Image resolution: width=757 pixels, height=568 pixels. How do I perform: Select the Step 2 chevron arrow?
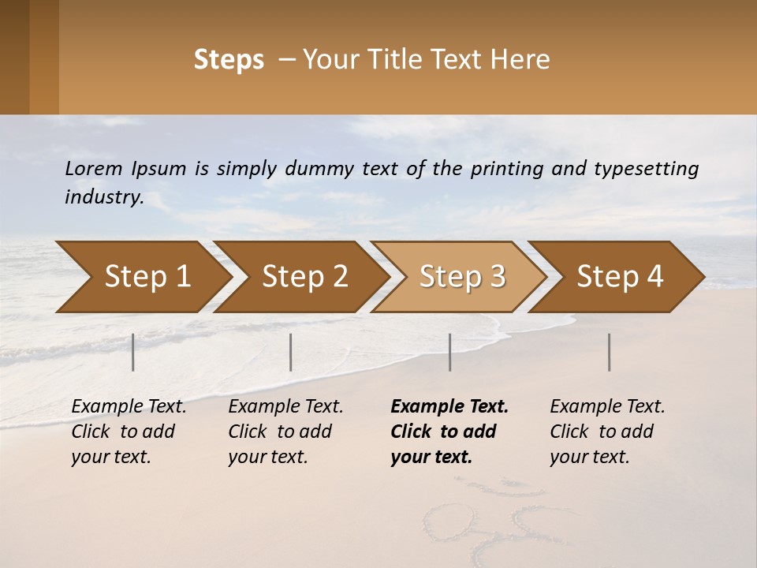click(304, 277)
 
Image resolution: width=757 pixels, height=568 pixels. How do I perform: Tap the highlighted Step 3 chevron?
click(462, 277)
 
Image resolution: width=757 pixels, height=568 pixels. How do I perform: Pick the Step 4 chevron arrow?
click(620, 277)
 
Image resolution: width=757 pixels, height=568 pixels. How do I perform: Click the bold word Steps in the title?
click(229, 60)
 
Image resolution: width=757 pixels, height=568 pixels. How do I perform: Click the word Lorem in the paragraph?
click(94, 169)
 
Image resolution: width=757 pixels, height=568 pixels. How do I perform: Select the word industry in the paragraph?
click(103, 197)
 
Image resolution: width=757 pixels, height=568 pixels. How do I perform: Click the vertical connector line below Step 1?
click(133, 352)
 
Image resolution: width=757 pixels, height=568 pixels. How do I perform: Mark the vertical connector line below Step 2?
click(291, 352)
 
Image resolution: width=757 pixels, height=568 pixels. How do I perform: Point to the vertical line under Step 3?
click(449, 352)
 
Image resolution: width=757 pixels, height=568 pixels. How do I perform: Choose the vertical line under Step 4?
click(610, 352)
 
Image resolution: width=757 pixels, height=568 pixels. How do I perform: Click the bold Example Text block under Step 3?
click(449, 432)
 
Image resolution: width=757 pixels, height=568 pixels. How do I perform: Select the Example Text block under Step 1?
click(129, 432)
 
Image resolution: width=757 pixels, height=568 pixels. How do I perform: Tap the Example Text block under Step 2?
click(285, 432)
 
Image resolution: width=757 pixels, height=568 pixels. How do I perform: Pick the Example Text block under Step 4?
click(607, 432)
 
